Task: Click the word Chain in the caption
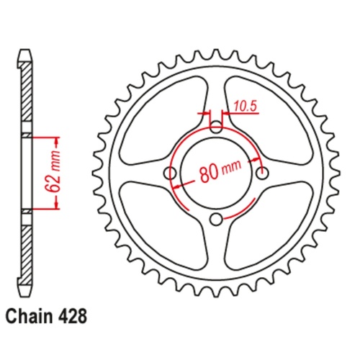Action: click(x=30, y=315)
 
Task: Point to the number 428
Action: click(x=76, y=315)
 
